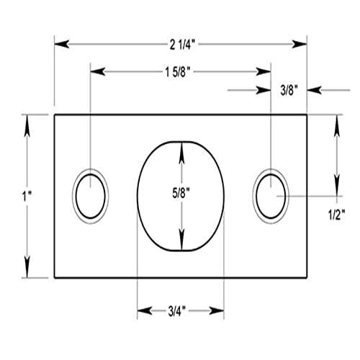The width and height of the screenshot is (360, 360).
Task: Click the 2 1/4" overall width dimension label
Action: point(180,44)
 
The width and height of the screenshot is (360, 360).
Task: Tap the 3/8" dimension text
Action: point(288,90)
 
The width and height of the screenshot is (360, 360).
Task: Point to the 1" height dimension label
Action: point(14,195)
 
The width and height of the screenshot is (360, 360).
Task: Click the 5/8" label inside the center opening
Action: point(181,193)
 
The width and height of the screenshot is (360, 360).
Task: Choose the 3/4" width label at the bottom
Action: point(179,310)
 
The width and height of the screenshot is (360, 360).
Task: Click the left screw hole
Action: point(91,195)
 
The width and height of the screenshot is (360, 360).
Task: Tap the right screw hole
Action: point(270,195)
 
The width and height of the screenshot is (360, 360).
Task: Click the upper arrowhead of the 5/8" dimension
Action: point(181,148)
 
